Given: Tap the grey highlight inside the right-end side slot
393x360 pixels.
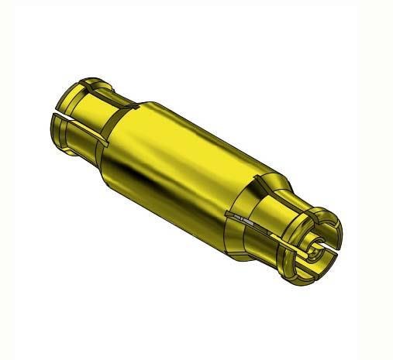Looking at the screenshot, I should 246,225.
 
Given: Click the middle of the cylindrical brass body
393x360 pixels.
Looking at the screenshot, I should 182,155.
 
